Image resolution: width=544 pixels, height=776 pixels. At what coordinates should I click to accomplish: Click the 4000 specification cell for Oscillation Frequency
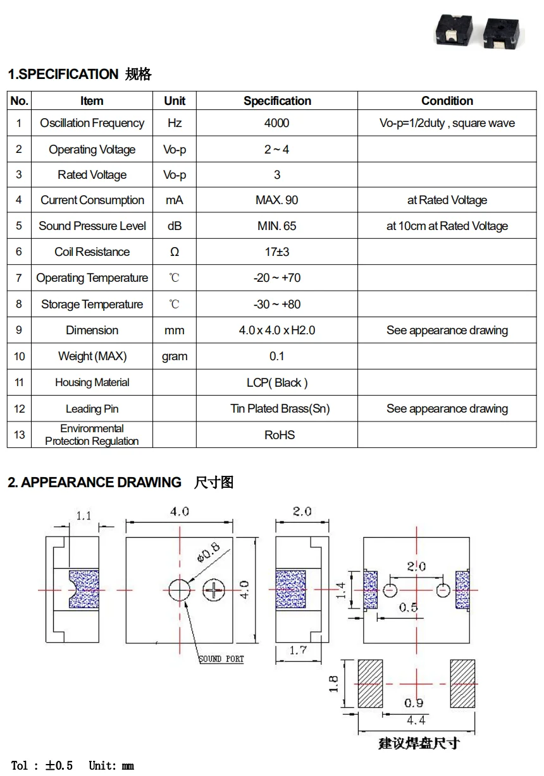276,123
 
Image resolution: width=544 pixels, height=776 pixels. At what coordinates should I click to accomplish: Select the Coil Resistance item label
92,252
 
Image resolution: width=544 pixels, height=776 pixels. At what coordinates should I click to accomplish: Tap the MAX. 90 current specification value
276,200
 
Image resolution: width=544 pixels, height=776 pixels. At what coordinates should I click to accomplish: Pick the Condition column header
447,101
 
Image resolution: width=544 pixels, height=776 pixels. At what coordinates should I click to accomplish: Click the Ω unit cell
175,252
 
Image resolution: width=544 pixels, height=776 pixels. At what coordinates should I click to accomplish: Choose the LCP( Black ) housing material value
277,382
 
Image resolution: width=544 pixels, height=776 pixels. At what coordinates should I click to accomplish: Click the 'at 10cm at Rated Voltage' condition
447,226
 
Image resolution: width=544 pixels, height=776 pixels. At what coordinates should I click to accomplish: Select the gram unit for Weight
175,356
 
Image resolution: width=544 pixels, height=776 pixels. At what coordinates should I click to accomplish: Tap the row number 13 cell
19,435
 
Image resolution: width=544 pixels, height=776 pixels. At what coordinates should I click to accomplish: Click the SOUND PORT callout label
221,659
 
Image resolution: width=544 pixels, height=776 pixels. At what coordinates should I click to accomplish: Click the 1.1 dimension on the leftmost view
83,516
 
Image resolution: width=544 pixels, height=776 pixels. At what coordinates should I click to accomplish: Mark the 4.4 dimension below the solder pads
416,720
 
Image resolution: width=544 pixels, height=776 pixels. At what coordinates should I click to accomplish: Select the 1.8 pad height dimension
334,684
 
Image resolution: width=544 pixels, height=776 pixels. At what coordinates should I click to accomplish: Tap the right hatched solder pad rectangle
462,684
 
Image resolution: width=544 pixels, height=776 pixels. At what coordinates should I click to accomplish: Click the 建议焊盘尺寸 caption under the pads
419,743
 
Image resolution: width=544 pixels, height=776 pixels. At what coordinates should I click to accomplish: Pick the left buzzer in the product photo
451,32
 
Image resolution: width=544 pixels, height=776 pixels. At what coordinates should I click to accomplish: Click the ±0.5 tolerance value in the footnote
59,766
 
